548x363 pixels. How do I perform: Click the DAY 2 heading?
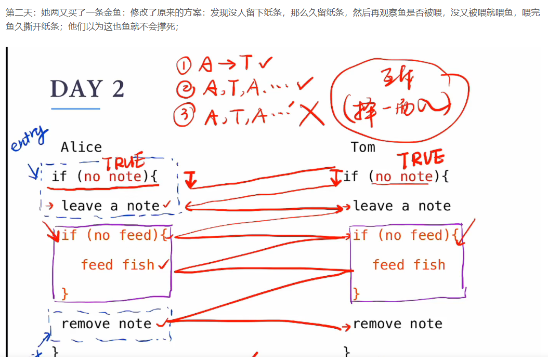(87, 89)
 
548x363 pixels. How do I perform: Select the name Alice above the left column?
(81, 147)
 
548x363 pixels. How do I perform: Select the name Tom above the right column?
(363, 147)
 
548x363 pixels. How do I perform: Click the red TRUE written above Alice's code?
(123, 163)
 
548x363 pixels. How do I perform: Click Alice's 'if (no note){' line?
(104, 177)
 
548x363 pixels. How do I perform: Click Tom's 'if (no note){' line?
(396, 177)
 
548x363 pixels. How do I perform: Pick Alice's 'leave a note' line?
(110, 206)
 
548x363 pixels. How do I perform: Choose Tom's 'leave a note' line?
(402, 206)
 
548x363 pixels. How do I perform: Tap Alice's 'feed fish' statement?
(118, 265)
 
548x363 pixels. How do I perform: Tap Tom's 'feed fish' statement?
(409, 265)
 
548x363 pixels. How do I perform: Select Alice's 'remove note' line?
(106, 324)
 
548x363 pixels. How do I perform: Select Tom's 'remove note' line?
(398, 324)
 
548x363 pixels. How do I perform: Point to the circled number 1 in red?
(185, 66)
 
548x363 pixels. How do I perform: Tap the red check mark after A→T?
(265, 63)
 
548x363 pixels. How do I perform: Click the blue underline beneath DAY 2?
(75, 109)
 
